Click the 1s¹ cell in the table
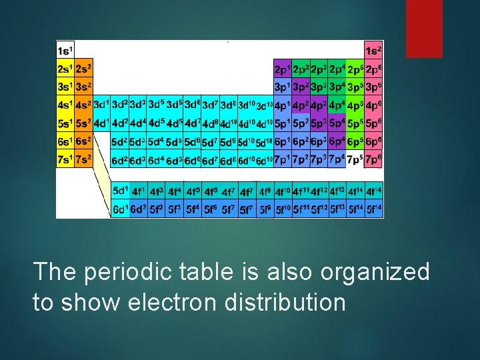[65, 51]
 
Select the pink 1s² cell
[374, 51]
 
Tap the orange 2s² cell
[83, 69]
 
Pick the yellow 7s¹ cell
[65, 160]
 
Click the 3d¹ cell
[101, 105]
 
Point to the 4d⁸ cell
[211, 123]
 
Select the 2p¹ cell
[283, 69]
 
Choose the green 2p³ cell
[319, 69]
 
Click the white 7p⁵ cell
[355, 160]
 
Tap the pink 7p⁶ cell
[374, 160]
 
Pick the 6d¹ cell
[121, 210]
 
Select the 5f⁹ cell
[265, 210]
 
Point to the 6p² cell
[301, 141]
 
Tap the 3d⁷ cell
[211, 105]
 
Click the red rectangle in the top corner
[425, 28]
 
